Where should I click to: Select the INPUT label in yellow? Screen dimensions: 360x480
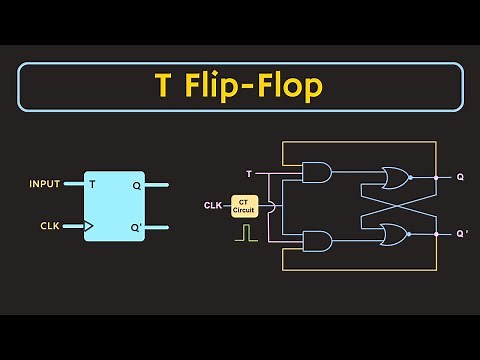click(x=44, y=184)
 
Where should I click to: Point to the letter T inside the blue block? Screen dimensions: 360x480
click(x=92, y=185)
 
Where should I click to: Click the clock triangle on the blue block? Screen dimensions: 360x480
click(x=88, y=226)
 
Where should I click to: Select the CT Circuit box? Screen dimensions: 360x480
click(x=245, y=205)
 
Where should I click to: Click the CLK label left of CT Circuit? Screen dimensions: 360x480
click(x=213, y=206)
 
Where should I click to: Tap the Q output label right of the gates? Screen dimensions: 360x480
click(x=460, y=178)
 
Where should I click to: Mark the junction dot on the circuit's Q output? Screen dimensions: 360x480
click(x=436, y=178)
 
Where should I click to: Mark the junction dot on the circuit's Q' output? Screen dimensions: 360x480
click(x=436, y=235)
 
